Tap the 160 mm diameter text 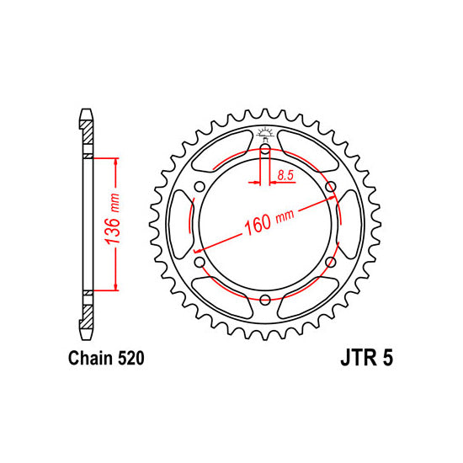click(x=268, y=221)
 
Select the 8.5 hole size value click(x=285, y=176)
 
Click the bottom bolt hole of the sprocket click(x=265, y=301)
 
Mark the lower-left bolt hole click(x=200, y=263)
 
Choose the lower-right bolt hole click(x=330, y=263)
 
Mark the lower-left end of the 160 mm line click(x=196, y=250)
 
